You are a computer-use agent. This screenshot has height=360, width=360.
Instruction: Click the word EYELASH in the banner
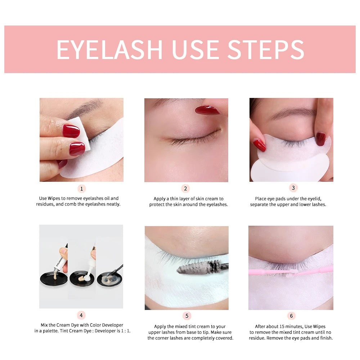click(109, 50)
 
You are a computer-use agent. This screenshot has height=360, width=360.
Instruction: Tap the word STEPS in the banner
click(266, 50)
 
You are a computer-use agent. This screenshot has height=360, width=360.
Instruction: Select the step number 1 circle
click(81, 189)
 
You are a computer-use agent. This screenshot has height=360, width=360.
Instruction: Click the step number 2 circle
click(185, 189)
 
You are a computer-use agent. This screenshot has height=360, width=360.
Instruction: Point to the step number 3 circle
click(293, 188)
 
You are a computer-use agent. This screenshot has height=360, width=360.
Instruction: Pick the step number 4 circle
click(81, 315)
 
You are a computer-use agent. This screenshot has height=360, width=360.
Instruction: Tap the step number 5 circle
click(186, 316)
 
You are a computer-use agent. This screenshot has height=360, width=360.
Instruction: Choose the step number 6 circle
click(291, 316)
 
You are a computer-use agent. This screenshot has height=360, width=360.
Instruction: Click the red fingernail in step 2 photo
click(207, 110)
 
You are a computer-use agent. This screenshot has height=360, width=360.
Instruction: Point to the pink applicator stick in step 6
click(291, 271)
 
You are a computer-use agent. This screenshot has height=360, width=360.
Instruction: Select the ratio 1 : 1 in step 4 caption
click(126, 331)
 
